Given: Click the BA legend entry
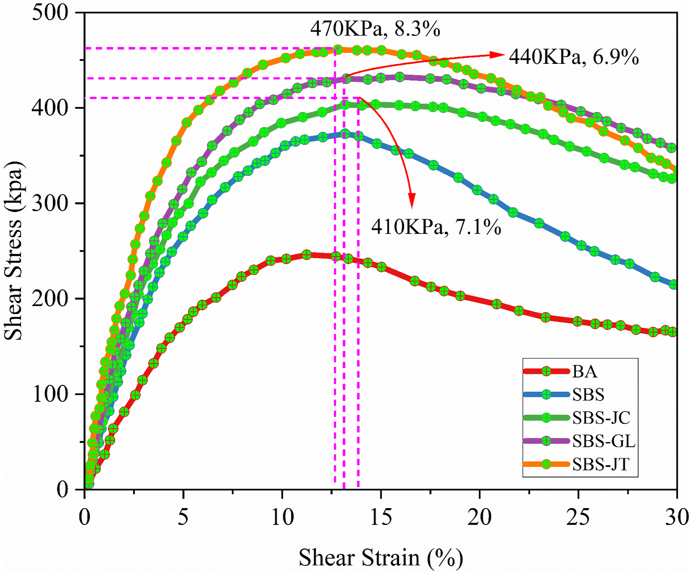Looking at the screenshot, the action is (561, 371).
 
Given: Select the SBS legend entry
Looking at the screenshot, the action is (564, 395).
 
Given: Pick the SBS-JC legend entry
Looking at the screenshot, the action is (577, 418).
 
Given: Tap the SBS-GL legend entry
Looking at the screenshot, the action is (580, 441).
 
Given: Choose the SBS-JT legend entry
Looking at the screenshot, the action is (577, 464).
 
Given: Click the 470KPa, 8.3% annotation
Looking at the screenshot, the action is (375, 29).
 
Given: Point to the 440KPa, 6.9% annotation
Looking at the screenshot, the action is (574, 57).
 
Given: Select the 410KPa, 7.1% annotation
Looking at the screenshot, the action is (436, 227).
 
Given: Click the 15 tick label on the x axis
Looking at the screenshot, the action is (381, 516).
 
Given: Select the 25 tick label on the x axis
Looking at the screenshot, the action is (578, 516).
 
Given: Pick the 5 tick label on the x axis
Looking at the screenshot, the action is (183, 516).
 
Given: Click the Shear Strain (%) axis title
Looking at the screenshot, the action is (381, 557).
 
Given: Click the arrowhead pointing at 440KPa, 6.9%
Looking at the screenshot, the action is (497, 55).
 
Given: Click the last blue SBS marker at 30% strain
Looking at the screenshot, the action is (674, 284).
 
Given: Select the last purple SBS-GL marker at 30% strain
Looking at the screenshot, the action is (672, 148).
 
